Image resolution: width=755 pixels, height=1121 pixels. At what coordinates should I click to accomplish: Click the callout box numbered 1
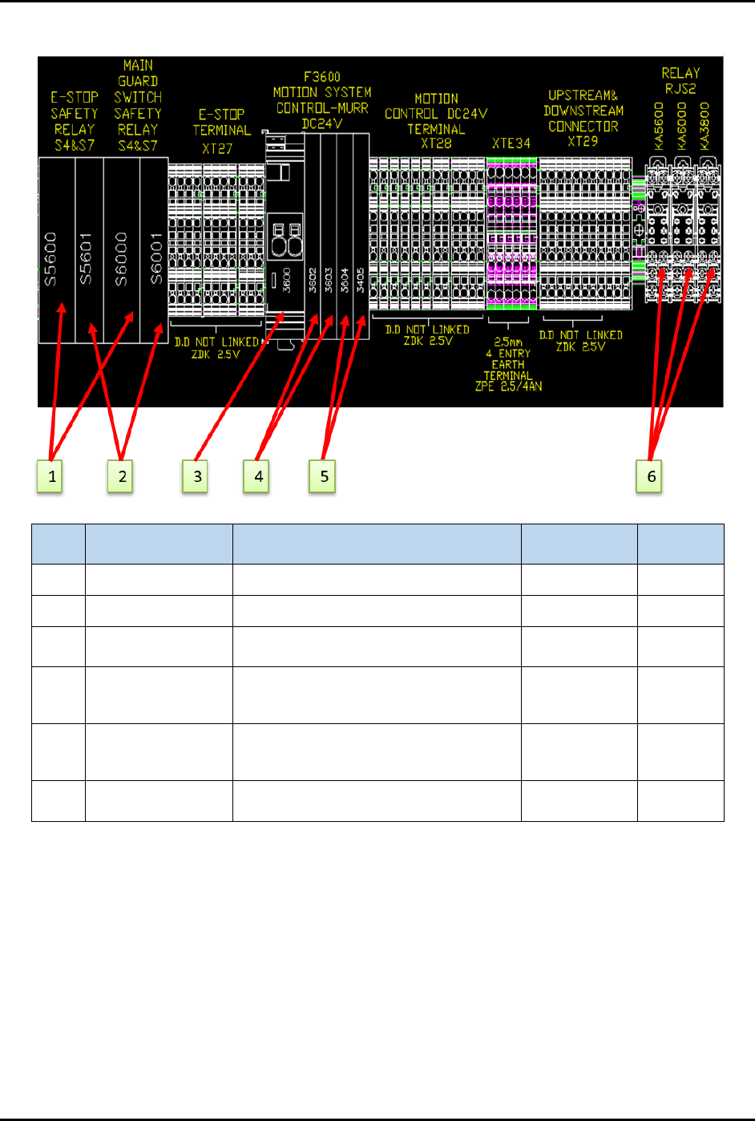pos(50,476)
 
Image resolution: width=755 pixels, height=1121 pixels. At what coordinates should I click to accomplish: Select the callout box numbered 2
pos(121,476)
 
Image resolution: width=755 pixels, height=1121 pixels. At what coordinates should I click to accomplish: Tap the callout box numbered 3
pos(196,476)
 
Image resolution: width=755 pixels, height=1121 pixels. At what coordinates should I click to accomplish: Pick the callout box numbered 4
pos(257,476)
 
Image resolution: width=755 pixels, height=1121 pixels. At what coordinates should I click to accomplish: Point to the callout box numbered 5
pos(323,476)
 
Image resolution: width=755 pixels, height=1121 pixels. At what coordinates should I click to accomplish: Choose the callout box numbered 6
pos(650,476)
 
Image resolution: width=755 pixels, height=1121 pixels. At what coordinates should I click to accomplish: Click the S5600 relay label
pos(50,259)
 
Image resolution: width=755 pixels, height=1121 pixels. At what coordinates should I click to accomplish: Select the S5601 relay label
pos(86,259)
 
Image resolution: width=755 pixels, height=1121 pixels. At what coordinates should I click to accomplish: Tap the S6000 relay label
pos(121,259)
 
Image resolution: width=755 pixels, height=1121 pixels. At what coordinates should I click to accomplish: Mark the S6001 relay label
pos(156,259)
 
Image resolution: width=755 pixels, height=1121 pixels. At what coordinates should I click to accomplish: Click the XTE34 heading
pos(511,144)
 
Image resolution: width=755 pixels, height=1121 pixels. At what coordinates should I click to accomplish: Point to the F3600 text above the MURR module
pos(322,77)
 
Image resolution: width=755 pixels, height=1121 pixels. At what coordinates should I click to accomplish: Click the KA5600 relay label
pos(659,125)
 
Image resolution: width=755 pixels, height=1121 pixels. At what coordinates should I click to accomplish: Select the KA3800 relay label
pos(705,125)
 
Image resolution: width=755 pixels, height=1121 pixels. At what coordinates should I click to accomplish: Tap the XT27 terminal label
pos(217,148)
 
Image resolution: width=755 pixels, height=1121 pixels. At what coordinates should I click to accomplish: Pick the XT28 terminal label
pos(436,144)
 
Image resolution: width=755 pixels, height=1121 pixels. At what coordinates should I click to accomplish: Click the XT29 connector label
pos(583,141)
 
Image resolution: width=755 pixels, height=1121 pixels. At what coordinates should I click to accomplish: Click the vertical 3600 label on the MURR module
pos(286,280)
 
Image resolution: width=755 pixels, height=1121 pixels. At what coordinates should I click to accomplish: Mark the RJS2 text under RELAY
pos(680,88)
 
